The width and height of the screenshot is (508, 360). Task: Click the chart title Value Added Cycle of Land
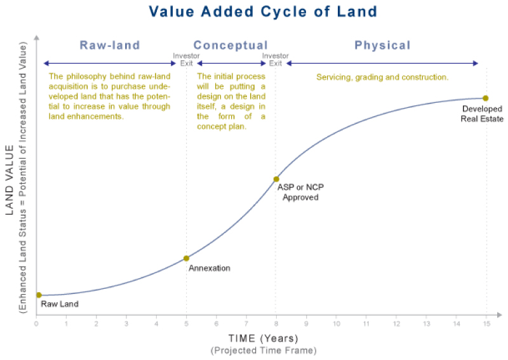263,11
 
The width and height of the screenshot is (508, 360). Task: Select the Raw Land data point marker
39,295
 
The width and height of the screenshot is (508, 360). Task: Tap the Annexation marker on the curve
186,258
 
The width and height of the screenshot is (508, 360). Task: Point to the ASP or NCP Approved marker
276,179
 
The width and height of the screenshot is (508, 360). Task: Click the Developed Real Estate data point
485,98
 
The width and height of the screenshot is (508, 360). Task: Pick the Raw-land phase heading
110,45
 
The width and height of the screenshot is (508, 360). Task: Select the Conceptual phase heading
231,45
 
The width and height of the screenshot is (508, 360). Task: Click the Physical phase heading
383,45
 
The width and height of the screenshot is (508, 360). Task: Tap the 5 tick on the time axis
186,323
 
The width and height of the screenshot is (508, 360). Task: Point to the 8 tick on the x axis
276,323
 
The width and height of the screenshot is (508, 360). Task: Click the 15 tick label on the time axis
486,323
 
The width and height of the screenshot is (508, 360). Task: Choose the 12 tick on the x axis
396,323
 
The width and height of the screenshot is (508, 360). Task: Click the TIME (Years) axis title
264,338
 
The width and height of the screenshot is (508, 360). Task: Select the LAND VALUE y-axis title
10,180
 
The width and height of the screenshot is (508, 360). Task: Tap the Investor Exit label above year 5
186,60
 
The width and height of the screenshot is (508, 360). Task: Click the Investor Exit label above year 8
276,60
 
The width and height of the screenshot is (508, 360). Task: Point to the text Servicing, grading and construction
382,77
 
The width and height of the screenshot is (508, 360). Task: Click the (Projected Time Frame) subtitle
264,350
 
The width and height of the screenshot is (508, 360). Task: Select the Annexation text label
210,268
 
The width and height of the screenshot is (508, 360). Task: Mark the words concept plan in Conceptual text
222,126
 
